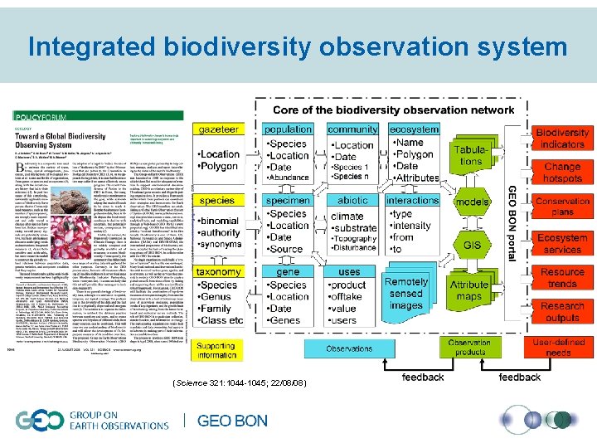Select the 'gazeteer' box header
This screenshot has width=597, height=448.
(217, 130)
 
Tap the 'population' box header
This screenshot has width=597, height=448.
(289, 129)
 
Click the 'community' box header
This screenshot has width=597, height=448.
(352, 129)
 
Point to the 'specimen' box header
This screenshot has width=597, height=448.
(289, 200)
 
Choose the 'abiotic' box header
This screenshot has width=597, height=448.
(352, 200)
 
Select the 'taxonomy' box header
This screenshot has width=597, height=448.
(218, 271)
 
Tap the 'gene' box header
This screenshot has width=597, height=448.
(289, 271)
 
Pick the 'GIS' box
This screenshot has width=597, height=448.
(472, 246)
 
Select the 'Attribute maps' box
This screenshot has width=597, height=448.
(469, 290)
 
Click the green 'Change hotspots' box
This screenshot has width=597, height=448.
(562, 173)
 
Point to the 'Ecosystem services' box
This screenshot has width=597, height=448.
(562, 244)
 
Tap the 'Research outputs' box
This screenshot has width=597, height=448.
(562, 311)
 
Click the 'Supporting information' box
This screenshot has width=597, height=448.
(216, 350)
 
